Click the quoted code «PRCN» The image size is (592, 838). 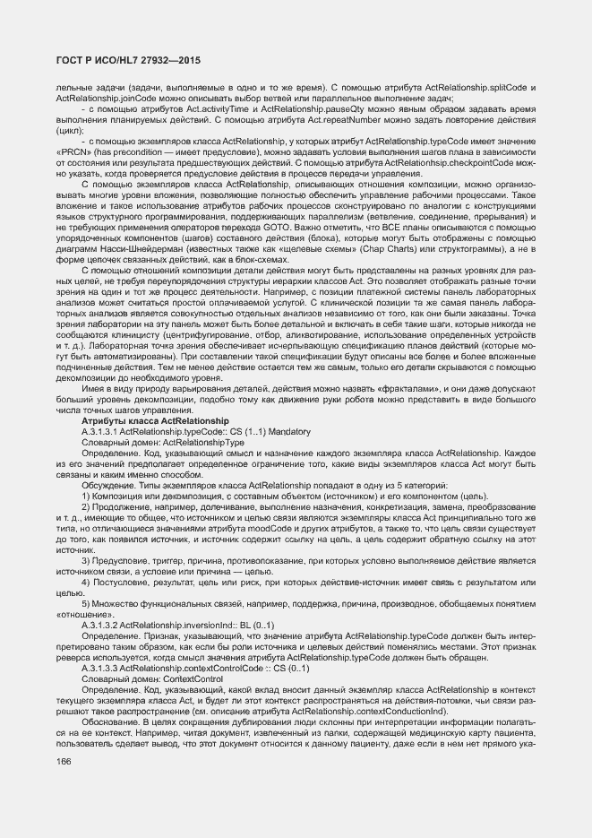tap(73, 152)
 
